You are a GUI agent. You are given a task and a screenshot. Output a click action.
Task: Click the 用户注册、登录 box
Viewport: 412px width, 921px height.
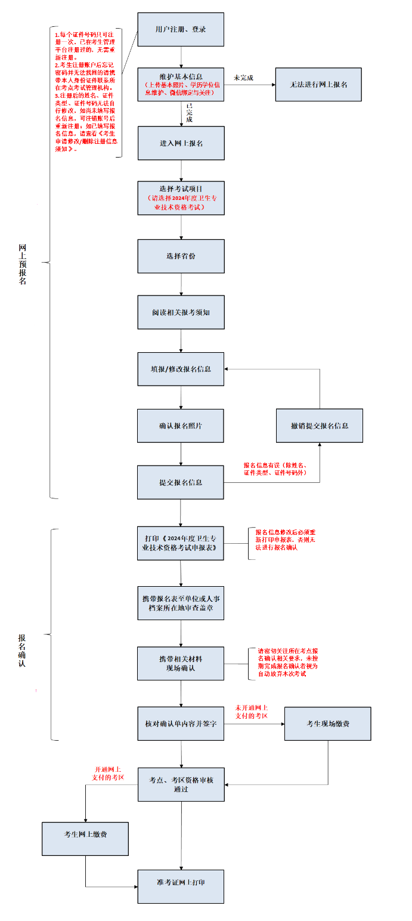181,29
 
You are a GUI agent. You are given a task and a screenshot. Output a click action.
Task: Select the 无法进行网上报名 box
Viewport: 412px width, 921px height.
318,84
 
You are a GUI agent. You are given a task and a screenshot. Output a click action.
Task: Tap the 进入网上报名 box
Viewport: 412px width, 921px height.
181,143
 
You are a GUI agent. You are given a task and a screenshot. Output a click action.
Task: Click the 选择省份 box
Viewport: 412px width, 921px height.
181,256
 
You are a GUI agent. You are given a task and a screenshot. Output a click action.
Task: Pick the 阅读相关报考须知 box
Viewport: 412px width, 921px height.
181,312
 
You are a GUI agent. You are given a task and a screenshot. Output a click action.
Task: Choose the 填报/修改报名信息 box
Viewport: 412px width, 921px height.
181,369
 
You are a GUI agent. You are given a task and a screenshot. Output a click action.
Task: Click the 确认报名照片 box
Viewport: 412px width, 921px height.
181,426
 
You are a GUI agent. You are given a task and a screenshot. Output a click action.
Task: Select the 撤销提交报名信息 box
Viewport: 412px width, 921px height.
320,426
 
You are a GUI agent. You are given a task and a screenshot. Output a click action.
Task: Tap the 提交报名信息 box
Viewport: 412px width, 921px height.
181,482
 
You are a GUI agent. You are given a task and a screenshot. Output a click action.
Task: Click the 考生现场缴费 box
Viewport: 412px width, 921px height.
328,723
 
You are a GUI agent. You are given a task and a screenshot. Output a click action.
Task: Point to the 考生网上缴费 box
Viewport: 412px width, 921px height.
85,839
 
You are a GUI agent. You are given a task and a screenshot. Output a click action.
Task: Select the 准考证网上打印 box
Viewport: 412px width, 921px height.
181,886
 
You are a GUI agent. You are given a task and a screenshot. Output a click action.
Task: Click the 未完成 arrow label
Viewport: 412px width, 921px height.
243,78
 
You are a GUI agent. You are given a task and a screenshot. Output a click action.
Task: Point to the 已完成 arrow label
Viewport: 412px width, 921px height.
189,113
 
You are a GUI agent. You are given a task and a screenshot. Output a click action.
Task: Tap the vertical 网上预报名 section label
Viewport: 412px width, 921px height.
23,264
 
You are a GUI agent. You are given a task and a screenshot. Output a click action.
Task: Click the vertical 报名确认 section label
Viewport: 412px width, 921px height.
22,651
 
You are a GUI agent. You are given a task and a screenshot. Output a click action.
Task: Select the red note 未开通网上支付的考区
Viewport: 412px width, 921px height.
251,711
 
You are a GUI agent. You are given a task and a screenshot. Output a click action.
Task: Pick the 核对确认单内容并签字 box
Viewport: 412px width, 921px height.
181,723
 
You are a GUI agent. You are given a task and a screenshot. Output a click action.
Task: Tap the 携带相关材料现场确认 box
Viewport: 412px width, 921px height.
181,663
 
